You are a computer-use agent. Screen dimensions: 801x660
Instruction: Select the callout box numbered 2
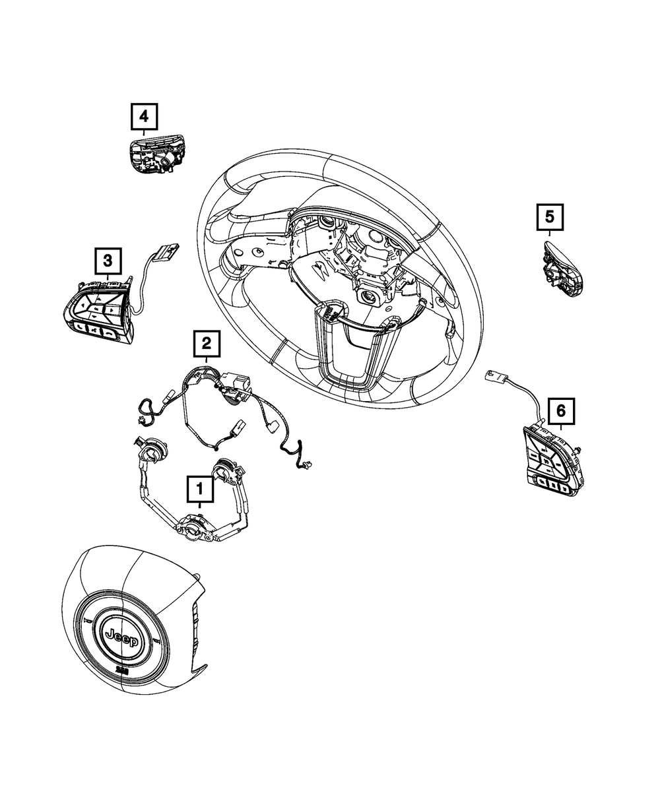tap(206, 344)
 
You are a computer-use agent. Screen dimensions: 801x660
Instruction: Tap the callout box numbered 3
tap(108, 261)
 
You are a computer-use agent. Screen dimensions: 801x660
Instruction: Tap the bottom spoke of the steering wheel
tap(350, 350)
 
